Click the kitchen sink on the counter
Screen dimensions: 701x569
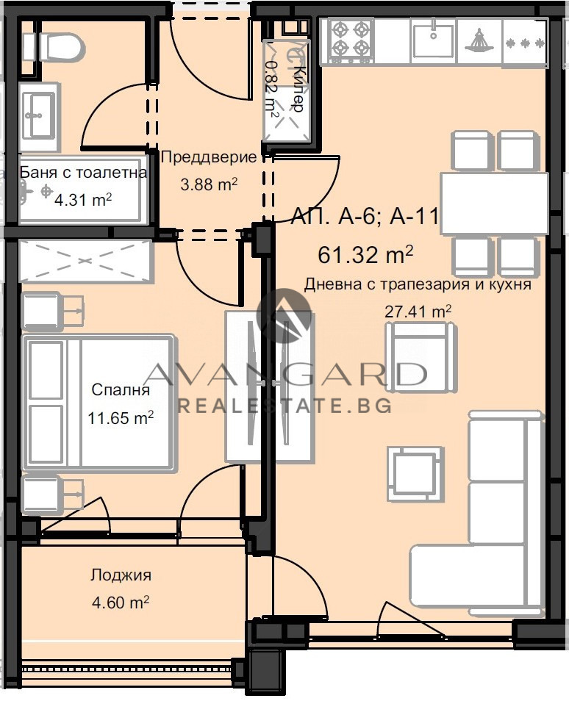point(432,40)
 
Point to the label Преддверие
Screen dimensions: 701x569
point(208,157)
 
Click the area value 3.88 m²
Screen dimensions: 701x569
point(208,184)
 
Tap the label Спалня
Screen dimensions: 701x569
point(121,390)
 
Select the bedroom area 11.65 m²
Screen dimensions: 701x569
point(121,418)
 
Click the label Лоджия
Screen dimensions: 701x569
point(121,575)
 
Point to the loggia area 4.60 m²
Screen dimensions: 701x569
point(121,603)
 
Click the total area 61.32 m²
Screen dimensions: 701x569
point(365,255)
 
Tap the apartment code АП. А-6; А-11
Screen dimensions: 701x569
point(365,217)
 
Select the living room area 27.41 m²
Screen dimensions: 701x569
point(418,311)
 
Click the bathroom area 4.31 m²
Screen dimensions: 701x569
point(82,198)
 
